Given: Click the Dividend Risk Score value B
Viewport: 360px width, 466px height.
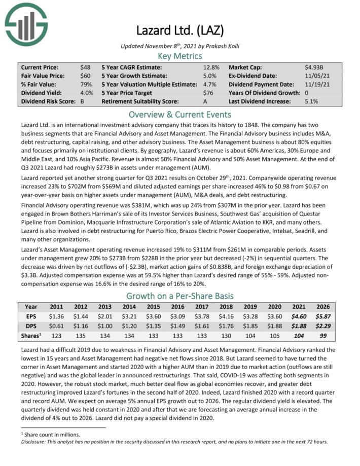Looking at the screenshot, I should (83, 101).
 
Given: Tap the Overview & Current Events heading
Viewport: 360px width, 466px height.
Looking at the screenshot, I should (180, 114).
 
